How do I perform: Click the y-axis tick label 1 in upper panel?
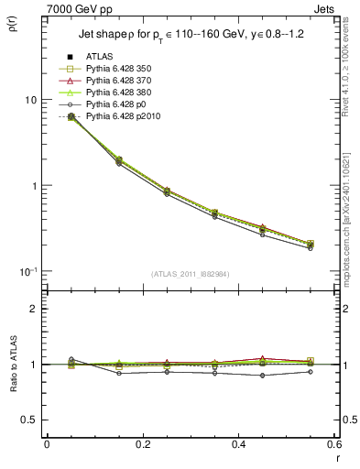click(x=34, y=186)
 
